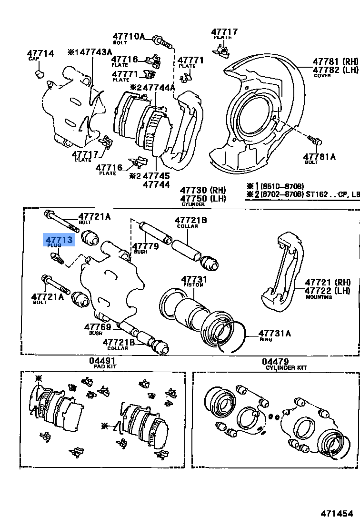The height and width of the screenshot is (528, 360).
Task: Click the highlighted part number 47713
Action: pyautogui.click(x=59, y=240)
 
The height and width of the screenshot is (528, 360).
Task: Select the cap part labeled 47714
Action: pyautogui.click(x=40, y=53)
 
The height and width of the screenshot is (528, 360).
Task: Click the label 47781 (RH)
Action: pyautogui.click(x=335, y=61)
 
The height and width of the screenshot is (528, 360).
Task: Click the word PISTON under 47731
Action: pyautogui.click(x=193, y=285)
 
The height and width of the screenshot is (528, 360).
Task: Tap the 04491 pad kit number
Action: pyautogui.click(x=102, y=362)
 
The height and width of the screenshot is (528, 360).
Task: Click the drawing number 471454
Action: pyautogui.click(x=337, y=513)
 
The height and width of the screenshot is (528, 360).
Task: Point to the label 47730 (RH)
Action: pyautogui.click(x=203, y=190)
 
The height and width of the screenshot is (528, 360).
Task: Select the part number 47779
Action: pyautogui.click(x=145, y=246)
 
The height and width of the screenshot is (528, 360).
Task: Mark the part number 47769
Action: pyautogui.click(x=98, y=327)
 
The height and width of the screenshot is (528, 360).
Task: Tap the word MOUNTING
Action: pyautogui.click(x=319, y=297)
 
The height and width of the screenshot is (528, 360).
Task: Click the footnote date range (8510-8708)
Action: pyautogui.click(x=281, y=186)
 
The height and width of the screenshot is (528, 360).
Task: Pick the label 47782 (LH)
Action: pyautogui.click(x=335, y=70)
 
